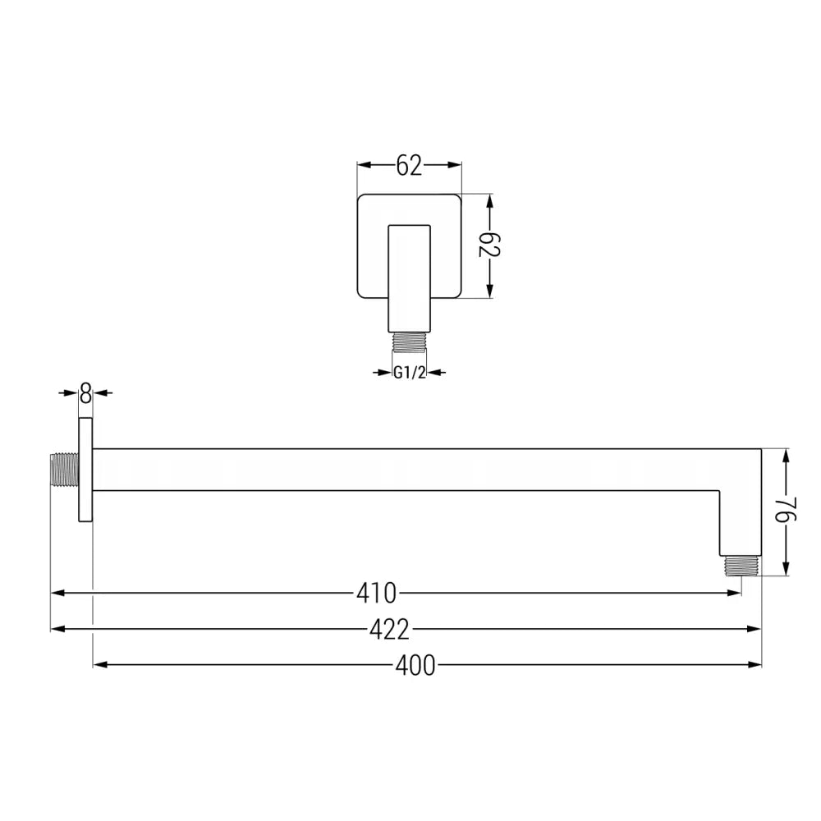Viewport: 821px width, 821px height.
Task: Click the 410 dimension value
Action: [x=377, y=592]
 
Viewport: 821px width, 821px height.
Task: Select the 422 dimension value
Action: [x=389, y=630]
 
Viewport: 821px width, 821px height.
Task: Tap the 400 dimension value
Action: [x=415, y=666]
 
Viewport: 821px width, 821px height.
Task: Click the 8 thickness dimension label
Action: [x=85, y=393]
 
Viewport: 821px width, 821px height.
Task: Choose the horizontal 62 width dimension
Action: [x=409, y=166]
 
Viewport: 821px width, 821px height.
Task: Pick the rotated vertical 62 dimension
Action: [x=490, y=244]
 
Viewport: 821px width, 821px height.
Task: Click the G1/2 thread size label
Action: [x=408, y=373]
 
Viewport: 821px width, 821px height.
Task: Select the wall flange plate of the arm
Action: [x=85, y=469]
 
